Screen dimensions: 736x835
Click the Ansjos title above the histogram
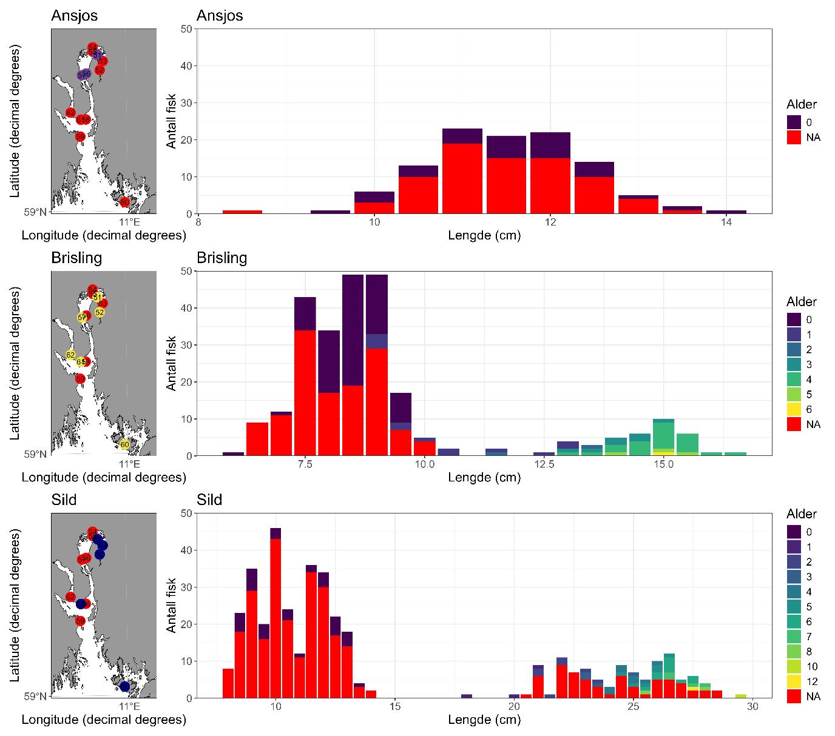[220, 16]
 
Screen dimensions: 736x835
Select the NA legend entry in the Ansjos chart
[794, 137]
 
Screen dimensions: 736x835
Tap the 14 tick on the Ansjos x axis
[726, 222]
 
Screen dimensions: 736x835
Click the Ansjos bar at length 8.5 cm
[242, 212]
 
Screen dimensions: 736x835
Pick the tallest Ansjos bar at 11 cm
[462, 171]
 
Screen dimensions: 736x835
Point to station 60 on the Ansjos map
[124, 202]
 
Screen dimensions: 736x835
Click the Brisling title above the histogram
[222, 258]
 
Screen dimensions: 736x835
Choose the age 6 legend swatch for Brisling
[794, 409]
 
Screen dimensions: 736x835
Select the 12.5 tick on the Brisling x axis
[544, 464]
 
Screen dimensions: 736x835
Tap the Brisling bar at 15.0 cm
[663, 437]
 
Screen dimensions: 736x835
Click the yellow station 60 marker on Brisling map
[124, 444]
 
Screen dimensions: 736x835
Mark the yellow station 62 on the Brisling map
[70, 355]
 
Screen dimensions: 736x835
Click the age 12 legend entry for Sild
[794, 681]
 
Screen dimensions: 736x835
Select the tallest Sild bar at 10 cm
[276, 613]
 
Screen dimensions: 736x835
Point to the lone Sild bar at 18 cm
[467, 696]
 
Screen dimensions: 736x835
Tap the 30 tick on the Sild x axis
[752, 707]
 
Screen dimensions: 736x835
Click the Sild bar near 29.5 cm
[741, 696]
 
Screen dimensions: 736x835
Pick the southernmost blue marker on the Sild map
[124, 686]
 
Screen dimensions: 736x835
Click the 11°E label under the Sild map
[129, 707]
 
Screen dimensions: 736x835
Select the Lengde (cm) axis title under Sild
[484, 720]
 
